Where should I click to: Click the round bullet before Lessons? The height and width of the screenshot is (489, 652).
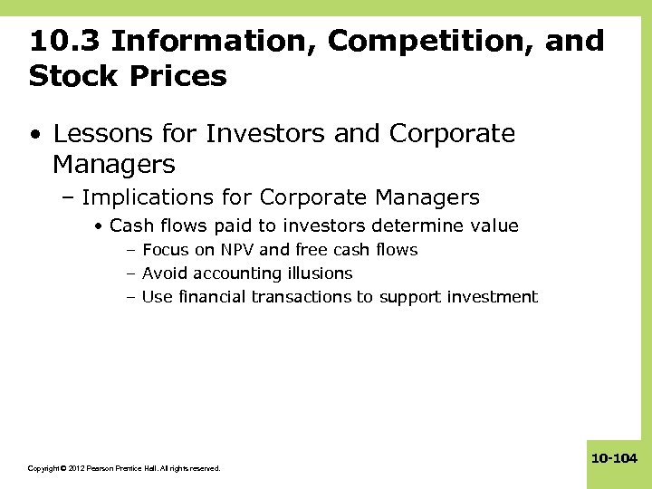[35, 136]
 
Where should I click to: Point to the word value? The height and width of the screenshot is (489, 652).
[494, 226]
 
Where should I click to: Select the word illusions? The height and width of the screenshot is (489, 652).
[320, 273]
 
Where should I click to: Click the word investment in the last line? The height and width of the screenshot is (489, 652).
[494, 297]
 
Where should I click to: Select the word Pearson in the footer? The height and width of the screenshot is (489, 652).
[104, 468]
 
